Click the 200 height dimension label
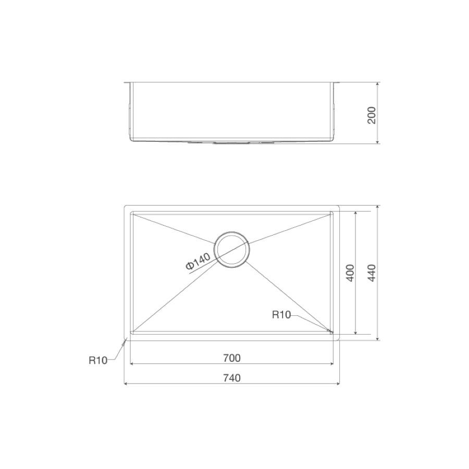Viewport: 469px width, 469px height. coord(371,115)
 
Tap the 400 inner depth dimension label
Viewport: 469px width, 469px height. coord(350,273)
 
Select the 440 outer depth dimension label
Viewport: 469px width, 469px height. coord(371,273)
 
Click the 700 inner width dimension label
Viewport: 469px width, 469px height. coord(232,357)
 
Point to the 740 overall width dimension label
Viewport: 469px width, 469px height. coord(232,378)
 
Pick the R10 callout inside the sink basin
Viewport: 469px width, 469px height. coord(281,315)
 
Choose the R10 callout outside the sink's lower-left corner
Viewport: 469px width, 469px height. coord(98,361)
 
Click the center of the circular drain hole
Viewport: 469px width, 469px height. coord(232,250)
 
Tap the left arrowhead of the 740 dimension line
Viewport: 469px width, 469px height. coord(126,384)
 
